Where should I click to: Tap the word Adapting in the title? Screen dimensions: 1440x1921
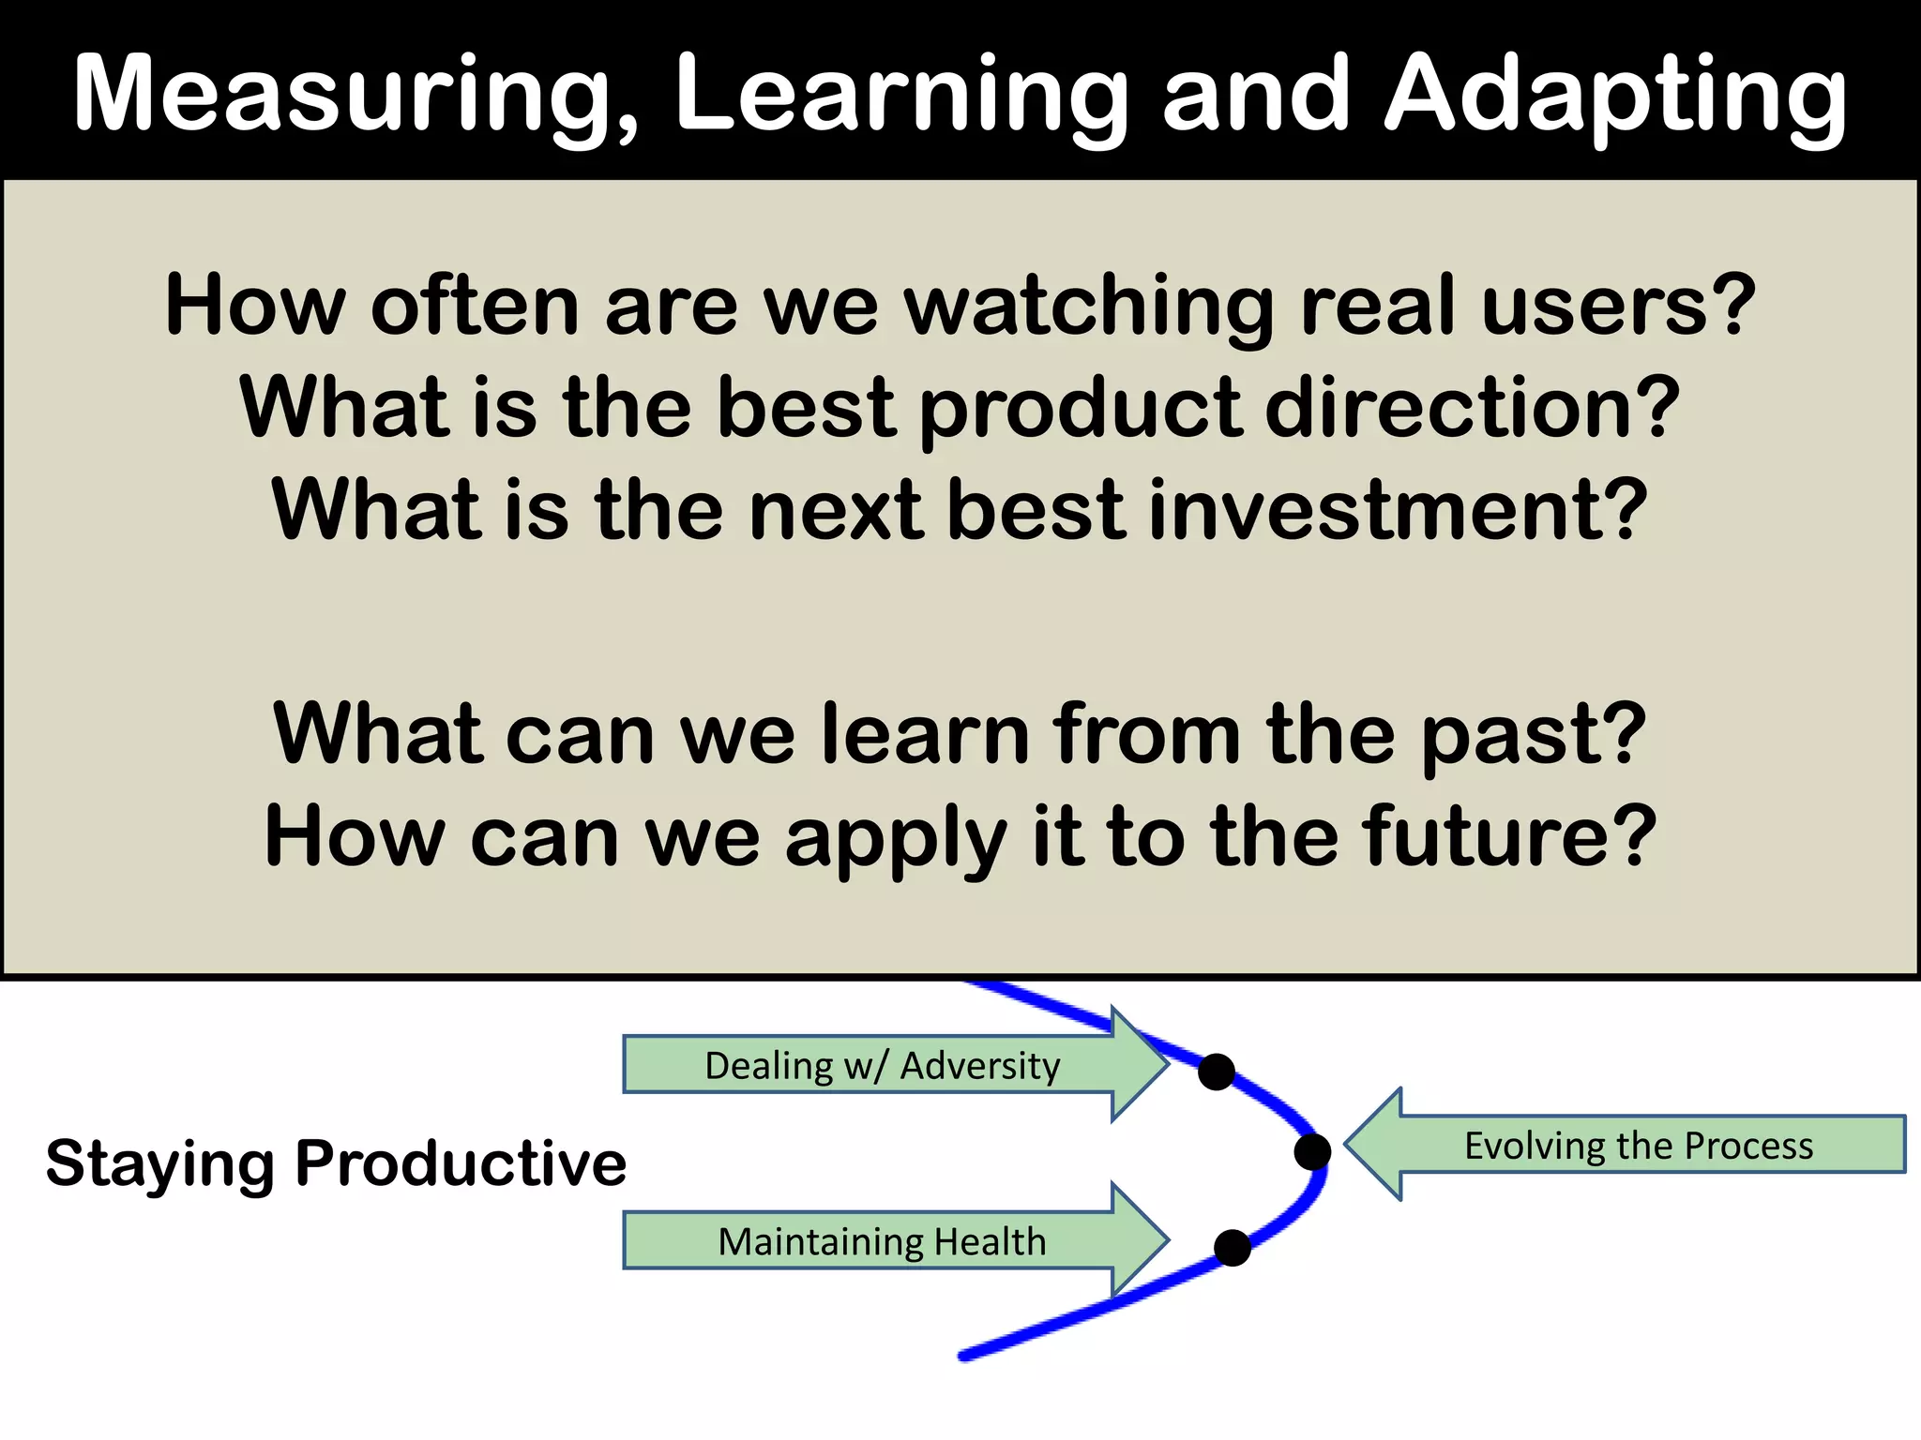(x=1615, y=94)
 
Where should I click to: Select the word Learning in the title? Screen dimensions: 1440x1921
(x=900, y=94)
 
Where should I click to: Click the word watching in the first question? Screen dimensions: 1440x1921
(x=1088, y=306)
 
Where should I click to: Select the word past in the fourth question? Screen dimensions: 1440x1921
(x=1534, y=736)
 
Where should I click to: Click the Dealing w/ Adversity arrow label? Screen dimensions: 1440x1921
(x=882, y=1066)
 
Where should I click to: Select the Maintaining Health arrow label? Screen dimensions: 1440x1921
(x=882, y=1242)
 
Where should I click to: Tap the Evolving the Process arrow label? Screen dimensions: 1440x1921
(x=1639, y=1146)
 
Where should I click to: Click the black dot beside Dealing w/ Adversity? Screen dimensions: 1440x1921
(x=1217, y=1072)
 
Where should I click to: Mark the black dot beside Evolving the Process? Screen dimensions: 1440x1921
(x=1312, y=1151)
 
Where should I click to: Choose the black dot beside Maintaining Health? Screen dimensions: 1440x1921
(x=1233, y=1248)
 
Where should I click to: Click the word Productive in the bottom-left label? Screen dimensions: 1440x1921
(x=460, y=1164)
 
